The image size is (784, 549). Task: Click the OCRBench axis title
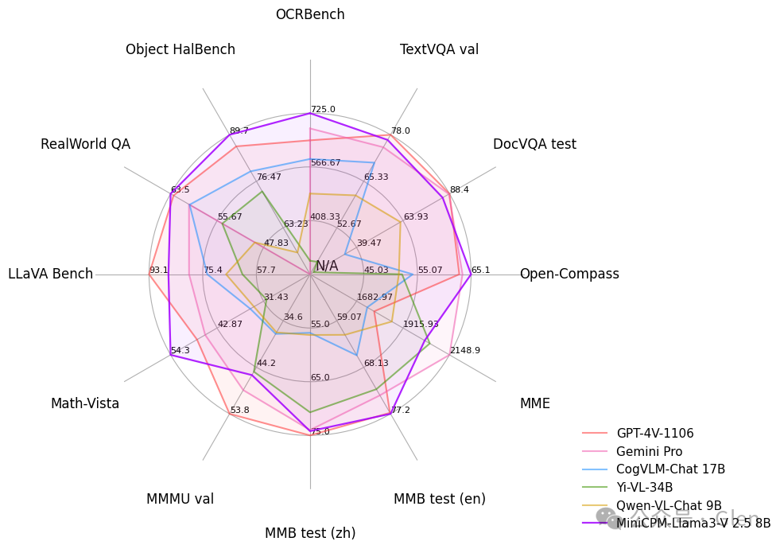[310, 14]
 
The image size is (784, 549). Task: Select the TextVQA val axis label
[439, 49]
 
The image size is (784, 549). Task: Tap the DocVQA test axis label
[534, 144]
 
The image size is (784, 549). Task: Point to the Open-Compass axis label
[569, 274]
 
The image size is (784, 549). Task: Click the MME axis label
[534, 403]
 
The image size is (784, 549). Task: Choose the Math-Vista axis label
[85, 403]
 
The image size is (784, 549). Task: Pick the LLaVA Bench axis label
[51, 274]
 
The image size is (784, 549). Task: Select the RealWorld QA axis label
[85, 144]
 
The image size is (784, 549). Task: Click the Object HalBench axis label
[180, 49]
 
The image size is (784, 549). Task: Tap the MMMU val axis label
[180, 499]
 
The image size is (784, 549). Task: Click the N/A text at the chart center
[327, 266]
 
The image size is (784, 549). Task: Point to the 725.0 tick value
[323, 110]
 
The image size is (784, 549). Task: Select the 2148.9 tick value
[465, 350]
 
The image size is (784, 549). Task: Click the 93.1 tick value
[159, 271]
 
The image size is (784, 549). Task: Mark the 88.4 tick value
[460, 190]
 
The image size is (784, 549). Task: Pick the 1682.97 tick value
[375, 297]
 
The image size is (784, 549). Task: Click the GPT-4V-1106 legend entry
[654, 434]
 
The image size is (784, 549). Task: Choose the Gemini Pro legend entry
[649, 452]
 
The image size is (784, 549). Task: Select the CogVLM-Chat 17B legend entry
[670, 469]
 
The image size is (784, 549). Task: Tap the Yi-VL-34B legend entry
[644, 487]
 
